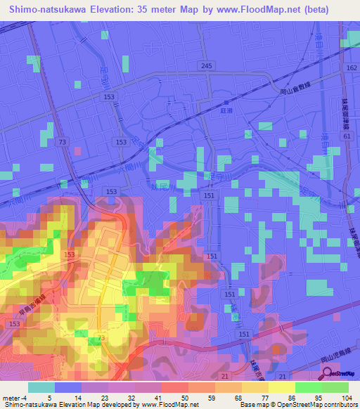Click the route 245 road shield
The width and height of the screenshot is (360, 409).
tap(205, 66)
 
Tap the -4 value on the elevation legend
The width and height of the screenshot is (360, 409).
tap(24, 398)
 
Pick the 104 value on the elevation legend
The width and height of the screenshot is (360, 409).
tap(335, 398)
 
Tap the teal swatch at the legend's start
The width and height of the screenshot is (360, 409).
tap(41, 387)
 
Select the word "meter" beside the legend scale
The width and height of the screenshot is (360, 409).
tap(10, 398)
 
